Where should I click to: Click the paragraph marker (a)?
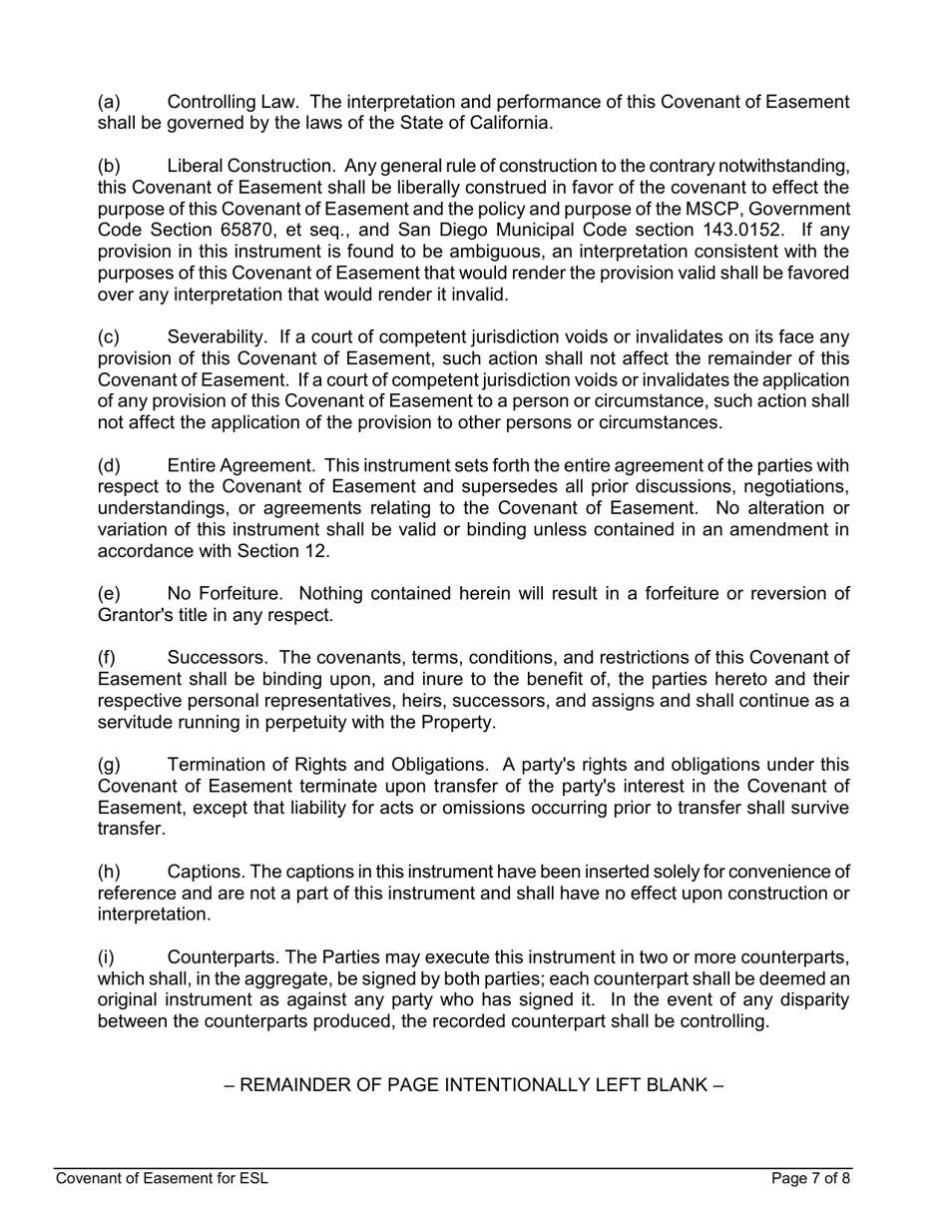[109, 102]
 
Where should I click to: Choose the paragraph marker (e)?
[109, 594]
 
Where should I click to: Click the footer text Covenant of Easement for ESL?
[162, 1179]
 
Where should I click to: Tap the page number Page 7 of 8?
[810, 1179]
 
